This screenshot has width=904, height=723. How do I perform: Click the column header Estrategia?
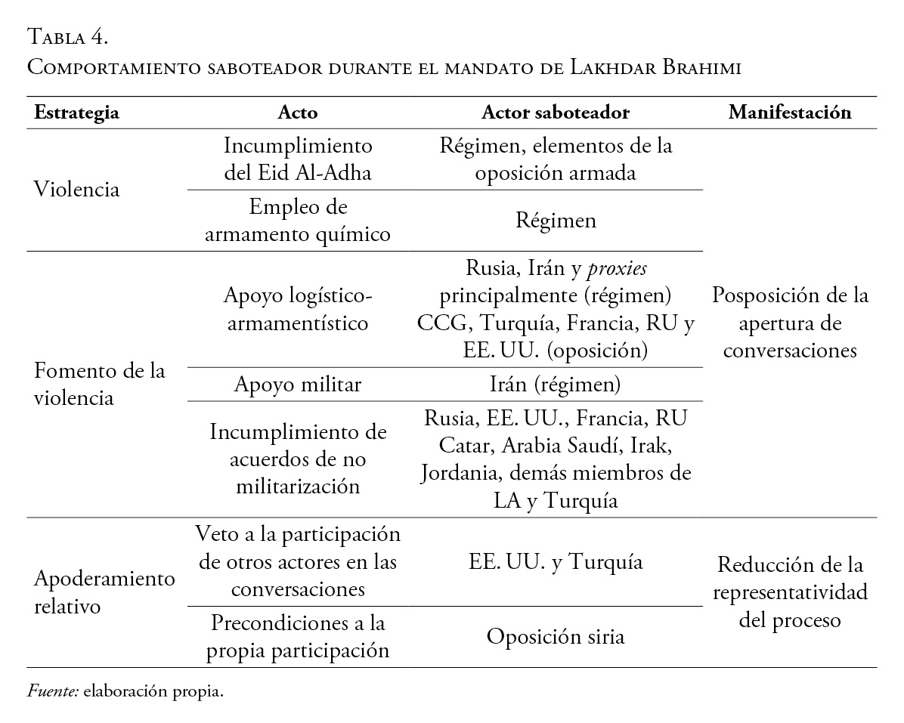coord(77,113)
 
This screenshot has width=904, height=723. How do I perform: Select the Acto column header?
coord(298,113)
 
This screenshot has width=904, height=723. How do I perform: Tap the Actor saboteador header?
coord(556,113)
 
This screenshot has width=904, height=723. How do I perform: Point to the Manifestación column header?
coord(790,113)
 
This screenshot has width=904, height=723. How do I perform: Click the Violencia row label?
coord(77,189)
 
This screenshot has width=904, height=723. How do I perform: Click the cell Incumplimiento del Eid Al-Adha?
coord(298,159)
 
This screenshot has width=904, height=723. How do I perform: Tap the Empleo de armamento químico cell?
coord(298,221)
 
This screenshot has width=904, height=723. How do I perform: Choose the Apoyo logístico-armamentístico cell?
coord(298,309)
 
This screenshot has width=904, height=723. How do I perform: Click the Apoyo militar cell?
coord(298,385)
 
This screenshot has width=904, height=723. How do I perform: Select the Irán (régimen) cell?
coord(556,385)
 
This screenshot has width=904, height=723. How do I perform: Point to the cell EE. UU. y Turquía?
coord(556,562)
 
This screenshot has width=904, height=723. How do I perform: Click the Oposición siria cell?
coord(556,636)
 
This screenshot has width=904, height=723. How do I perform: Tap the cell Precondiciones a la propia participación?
coord(298,636)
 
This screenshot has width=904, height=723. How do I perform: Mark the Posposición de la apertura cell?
coord(790,323)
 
